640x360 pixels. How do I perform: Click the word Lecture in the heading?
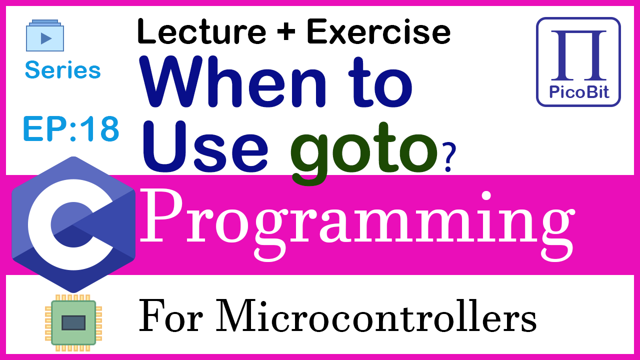[x=201, y=31]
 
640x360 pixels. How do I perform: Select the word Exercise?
[x=378, y=31]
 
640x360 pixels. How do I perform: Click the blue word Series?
[x=63, y=69]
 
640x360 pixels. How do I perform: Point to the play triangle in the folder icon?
[x=46, y=38]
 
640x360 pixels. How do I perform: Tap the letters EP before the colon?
[x=45, y=128]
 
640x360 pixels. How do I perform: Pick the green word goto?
[x=363, y=153]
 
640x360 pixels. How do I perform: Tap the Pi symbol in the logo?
[x=578, y=55]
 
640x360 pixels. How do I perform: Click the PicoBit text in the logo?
[x=579, y=92]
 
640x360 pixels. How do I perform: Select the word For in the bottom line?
[x=170, y=316]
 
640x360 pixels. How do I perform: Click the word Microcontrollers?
[x=376, y=315]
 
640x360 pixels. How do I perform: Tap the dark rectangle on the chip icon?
[x=73, y=323]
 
